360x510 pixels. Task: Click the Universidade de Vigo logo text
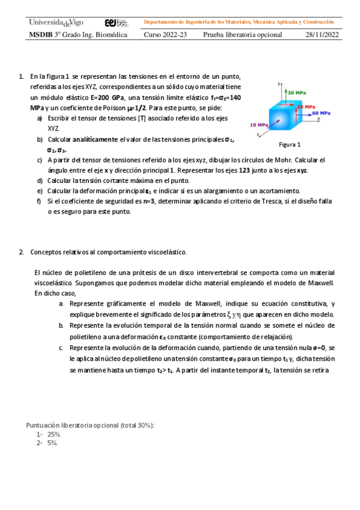pyautogui.click(x=56, y=22)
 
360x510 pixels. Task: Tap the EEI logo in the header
pyautogui.click(x=116, y=23)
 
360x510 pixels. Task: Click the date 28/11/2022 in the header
pyautogui.click(x=322, y=35)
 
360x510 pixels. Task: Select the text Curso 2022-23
pyautogui.click(x=165, y=35)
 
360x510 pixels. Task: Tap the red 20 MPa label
pyautogui.click(x=303, y=106)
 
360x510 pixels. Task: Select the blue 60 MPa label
pyautogui.click(x=321, y=112)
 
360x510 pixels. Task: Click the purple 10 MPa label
pyautogui.click(x=258, y=125)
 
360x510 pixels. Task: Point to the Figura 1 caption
pyautogui.click(x=290, y=144)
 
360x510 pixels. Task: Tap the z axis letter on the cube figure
pyautogui.click(x=258, y=135)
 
